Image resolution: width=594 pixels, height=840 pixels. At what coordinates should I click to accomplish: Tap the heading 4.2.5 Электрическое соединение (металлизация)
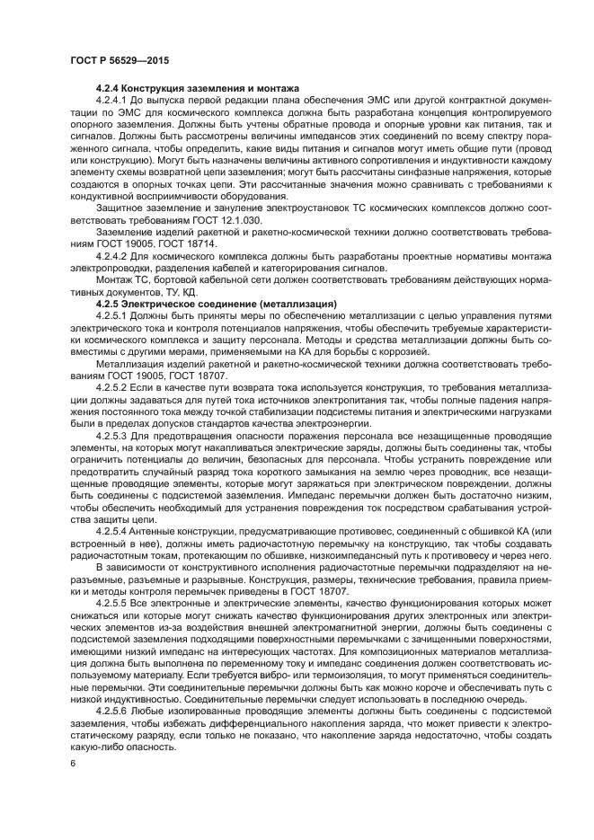pos(216,305)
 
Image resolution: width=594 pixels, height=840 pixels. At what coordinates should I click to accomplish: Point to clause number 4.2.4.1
pos(114,100)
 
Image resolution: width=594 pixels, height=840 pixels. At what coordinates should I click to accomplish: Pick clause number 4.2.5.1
pos(114,316)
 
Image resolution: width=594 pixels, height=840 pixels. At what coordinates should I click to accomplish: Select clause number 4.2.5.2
pos(114,386)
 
